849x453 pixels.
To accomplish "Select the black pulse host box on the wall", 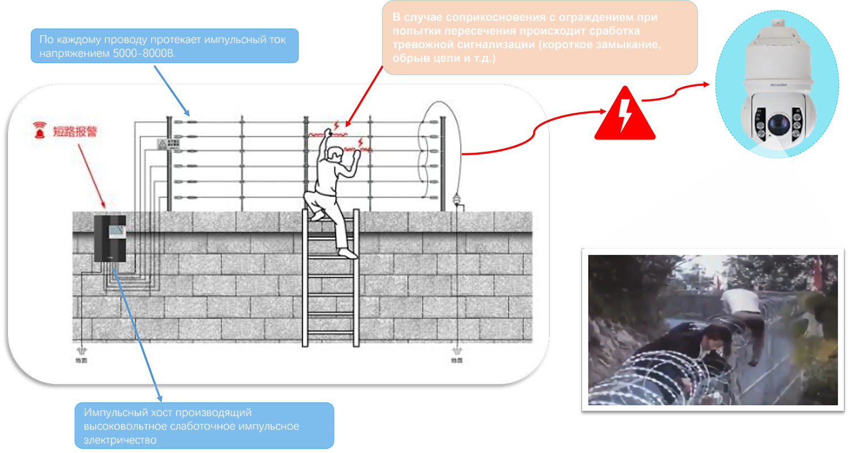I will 109,238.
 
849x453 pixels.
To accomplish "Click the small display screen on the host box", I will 118,230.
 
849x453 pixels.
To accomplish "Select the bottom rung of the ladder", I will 331,336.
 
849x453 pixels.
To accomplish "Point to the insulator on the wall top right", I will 455,200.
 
